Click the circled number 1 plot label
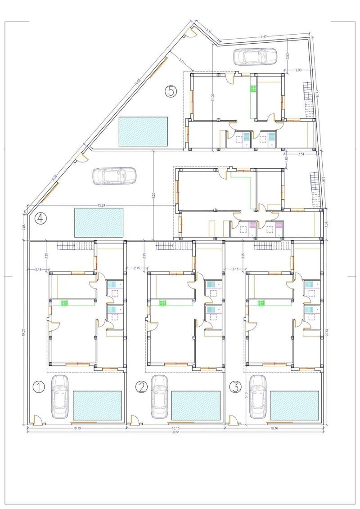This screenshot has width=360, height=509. [x=39, y=387]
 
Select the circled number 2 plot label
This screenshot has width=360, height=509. [x=142, y=387]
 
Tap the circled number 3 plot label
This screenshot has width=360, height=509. [x=235, y=387]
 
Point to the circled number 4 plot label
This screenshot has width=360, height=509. [x=41, y=219]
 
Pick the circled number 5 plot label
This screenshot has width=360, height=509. [x=171, y=91]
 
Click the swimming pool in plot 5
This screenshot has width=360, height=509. [x=143, y=131]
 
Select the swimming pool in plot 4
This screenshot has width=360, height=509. [x=99, y=222]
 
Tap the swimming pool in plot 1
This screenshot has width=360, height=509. [x=98, y=405]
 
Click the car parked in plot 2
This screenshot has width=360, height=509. [x=159, y=396]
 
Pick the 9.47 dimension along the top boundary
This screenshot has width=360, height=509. [x=264, y=36]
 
